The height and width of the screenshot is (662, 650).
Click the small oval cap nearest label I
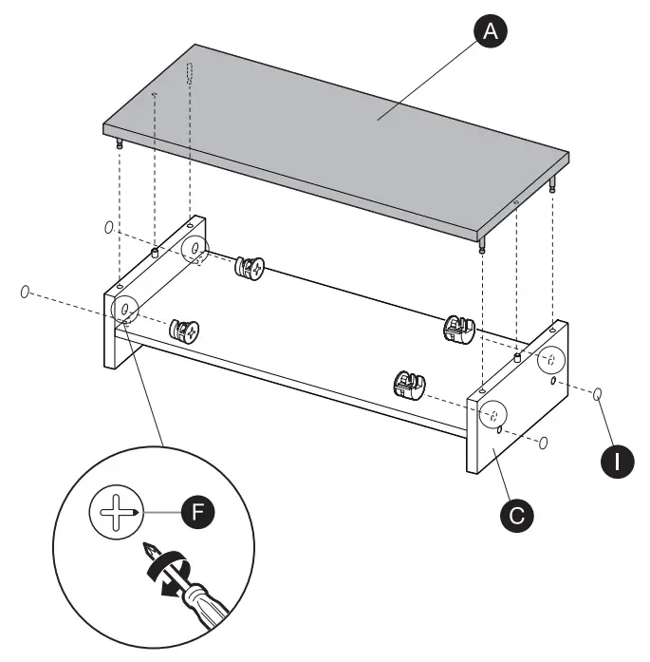[x=599, y=394]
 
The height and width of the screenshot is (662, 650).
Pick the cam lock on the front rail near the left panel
[x=185, y=331]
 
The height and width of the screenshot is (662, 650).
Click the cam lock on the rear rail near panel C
[x=457, y=330]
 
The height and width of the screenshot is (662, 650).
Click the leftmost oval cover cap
[x=26, y=291]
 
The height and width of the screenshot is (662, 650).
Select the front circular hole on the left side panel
[x=125, y=310]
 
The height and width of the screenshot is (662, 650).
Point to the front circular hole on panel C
[x=492, y=416]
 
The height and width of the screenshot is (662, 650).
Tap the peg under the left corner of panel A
[x=119, y=143]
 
